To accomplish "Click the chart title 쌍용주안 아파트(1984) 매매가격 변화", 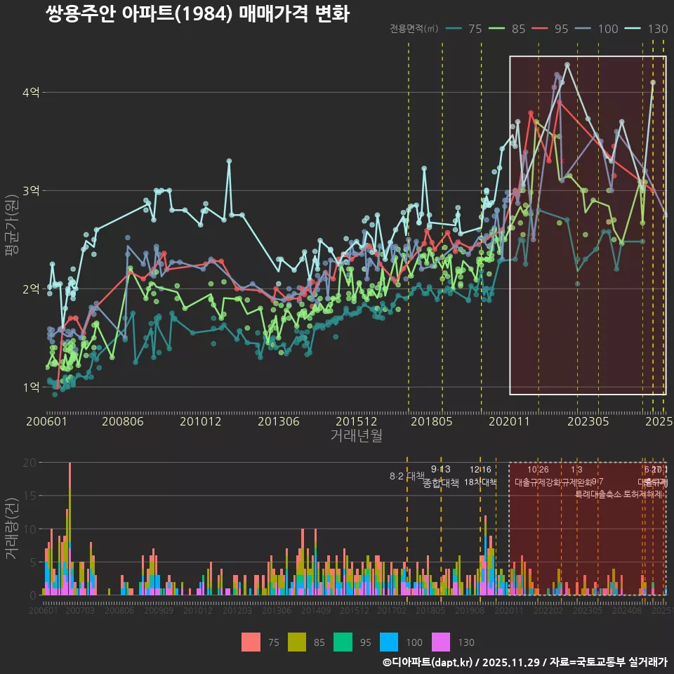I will point(197,14).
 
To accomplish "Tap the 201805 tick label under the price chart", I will point(430,421).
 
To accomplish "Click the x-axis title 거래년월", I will point(357,435).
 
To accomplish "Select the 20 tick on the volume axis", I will point(29,463).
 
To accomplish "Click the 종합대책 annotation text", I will point(440,483).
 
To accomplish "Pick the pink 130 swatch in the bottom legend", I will point(440,642).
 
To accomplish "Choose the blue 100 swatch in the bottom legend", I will point(389,642).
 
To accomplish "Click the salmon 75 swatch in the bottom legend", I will point(251,642).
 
